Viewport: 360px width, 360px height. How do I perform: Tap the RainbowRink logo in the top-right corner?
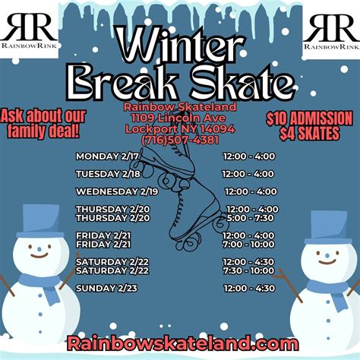(x=332, y=30)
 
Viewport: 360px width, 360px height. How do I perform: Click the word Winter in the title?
(x=180, y=47)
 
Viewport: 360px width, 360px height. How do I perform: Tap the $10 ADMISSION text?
(x=308, y=118)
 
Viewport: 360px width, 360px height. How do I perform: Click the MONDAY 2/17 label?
(x=106, y=156)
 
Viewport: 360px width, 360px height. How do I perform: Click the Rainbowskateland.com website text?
(x=180, y=343)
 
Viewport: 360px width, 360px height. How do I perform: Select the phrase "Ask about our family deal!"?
(x=43, y=124)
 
